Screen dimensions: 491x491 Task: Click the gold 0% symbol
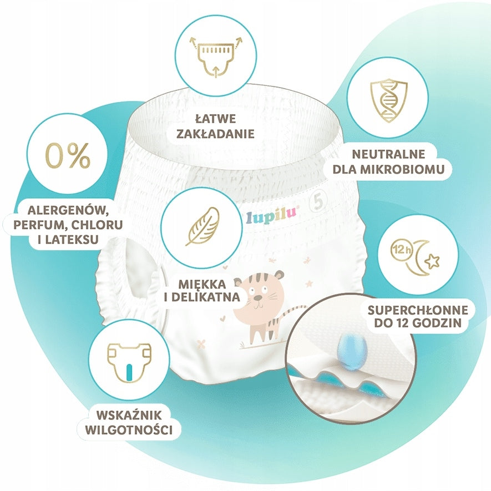[68, 156]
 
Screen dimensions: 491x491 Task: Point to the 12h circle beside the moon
[399, 250]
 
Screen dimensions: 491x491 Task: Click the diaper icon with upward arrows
[216, 57]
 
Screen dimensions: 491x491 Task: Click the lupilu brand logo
[271, 215]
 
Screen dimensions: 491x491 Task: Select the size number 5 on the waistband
[318, 201]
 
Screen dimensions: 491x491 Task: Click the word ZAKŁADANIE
[215, 134]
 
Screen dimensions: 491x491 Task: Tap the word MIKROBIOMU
[402, 169]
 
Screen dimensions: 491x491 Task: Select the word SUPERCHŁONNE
[418, 310]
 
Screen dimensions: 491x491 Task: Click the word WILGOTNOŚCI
[129, 429]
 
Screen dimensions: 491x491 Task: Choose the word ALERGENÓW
[69, 210]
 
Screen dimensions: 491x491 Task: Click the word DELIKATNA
[206, 297]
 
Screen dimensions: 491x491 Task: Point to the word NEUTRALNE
[388, 154]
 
